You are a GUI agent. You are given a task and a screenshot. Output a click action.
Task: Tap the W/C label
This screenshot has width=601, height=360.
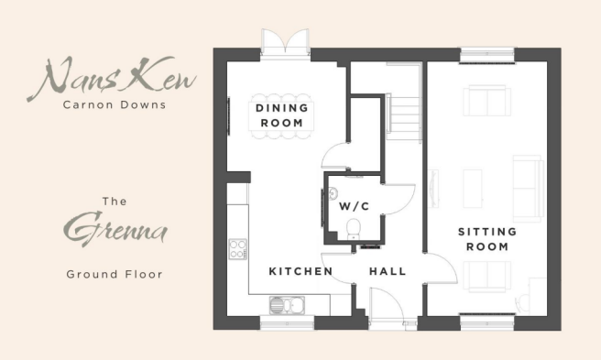[x=353, y=206]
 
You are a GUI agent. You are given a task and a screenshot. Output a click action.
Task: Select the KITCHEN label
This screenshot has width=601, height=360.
[x=295, y=272]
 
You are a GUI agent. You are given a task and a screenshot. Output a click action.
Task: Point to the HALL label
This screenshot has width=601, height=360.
[x=388, y=272]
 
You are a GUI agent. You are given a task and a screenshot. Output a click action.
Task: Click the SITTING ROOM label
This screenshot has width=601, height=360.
[x=486, y=240]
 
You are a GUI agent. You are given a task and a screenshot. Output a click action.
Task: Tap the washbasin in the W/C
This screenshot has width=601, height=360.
[x=333, y=194]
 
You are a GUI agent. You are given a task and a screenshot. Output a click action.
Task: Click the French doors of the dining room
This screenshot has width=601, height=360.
[x=281, y=41]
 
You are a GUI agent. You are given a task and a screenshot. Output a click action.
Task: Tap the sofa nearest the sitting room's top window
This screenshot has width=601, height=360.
[x=486, y=101]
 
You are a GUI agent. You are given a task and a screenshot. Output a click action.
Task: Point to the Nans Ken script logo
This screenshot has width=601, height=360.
[x=116, y=78]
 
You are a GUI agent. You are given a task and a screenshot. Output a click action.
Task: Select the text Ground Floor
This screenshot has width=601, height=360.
[x=115, y=273]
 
